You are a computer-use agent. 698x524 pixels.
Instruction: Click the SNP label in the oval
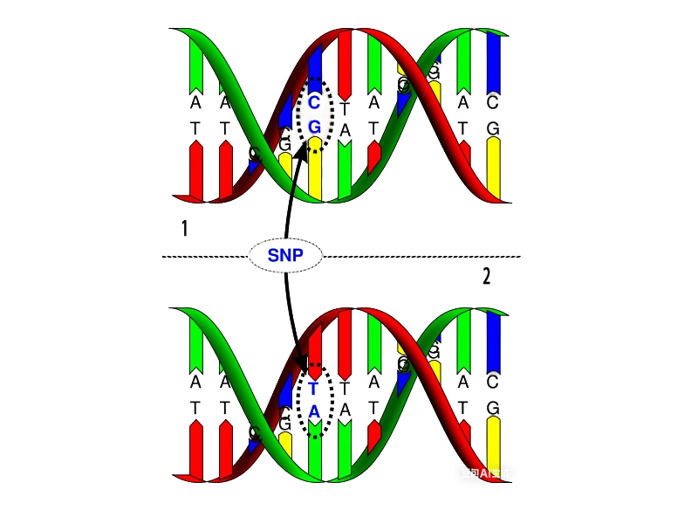286,256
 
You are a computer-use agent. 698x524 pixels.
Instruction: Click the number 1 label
184,229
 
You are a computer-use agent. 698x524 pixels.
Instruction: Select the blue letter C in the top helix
315,103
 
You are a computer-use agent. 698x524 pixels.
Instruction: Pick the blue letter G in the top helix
315,127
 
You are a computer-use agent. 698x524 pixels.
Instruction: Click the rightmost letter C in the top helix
493,103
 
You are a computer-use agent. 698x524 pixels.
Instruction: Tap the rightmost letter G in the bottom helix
493,408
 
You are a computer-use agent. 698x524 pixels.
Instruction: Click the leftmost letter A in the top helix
195,103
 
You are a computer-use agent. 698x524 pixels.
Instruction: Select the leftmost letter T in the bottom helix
195,408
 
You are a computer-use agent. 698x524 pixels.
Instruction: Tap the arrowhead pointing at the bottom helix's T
302,367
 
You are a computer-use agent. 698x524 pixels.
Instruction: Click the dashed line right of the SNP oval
419,256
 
